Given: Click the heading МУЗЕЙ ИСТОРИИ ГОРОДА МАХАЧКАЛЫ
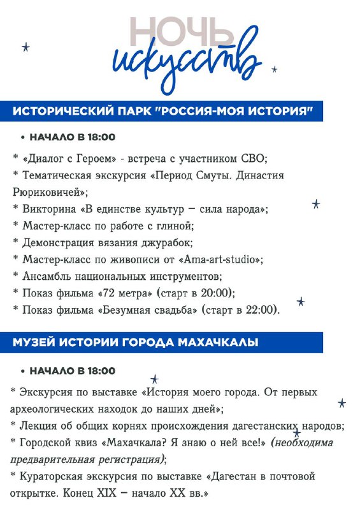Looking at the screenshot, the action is [x=135, y=343].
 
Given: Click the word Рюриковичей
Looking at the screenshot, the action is [x=48, y=191].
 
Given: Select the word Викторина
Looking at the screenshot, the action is [x=47, y=208].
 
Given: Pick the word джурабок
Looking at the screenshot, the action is [x=152, y=242].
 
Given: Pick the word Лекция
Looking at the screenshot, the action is [x=40, y=425].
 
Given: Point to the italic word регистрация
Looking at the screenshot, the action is [x=131, y=459].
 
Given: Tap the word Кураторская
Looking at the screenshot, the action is [x=52, y=476].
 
